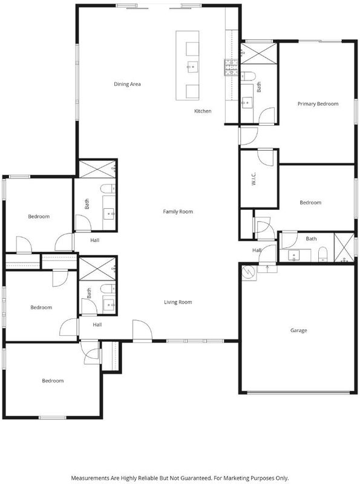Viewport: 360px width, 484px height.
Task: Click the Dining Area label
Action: [x=127, y=84]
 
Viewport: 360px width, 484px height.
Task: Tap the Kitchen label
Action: [x=203, y=111]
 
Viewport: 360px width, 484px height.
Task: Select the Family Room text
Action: [x=178, y=211]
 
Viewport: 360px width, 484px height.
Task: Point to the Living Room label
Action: [x=178, y=302]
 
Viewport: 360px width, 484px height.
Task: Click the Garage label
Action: [x=298, y=330]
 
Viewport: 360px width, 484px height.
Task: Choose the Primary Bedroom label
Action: [x=318, y=103]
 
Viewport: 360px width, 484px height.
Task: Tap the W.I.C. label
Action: [x=254, y=178]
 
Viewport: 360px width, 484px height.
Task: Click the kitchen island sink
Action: [x=192, y=67]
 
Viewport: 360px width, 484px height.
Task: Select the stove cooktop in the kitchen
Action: [x=231, y=67]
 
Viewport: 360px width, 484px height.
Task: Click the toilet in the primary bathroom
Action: [x=247, y=75]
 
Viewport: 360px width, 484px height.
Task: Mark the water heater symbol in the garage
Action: [x=249, y=272]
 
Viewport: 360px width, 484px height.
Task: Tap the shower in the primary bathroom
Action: [x=259, y=53]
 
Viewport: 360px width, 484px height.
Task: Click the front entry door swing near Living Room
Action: [x=142, y=330]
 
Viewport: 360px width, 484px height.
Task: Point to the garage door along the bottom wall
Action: [x=298, y=393]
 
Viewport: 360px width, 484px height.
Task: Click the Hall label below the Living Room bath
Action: [x=97, y=324]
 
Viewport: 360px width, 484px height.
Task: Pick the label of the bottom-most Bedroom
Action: [x=53, y=381]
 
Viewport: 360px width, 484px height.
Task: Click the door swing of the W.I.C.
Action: [x=266, y=157]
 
